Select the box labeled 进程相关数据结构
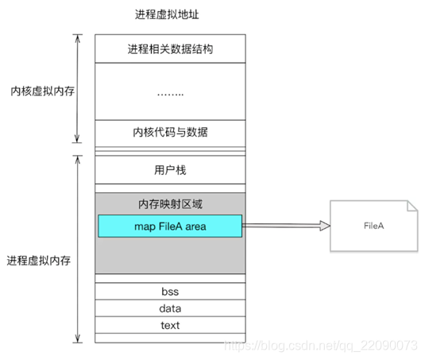169,48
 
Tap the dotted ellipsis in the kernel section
169,92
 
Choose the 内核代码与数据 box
169,131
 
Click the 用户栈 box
169,169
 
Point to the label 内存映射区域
169,204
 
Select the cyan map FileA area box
169,226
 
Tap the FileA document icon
373,226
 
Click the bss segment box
169,292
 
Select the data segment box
169,308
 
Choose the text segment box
169,325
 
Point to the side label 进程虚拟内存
37,260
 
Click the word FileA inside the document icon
374,226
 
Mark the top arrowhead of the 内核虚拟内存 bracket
77,37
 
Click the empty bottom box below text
169,338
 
